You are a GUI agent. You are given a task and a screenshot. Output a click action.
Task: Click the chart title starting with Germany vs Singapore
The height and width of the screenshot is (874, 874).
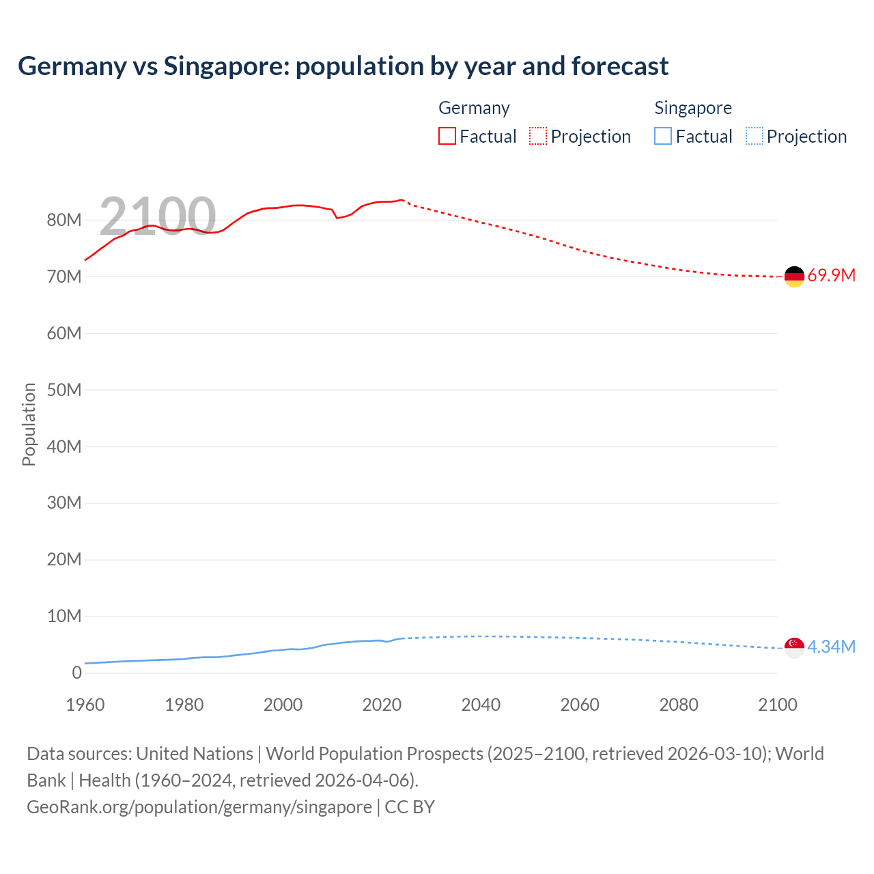point(343,66)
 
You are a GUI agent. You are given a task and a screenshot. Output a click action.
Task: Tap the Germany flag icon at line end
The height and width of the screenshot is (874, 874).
point(794,277)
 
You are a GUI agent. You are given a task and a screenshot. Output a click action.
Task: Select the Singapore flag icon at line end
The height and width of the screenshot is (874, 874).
point(794,647)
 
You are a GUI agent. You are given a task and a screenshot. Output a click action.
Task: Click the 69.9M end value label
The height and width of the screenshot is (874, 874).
point(831,276)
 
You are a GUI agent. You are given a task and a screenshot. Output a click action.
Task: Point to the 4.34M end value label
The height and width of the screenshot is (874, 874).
point(831,647)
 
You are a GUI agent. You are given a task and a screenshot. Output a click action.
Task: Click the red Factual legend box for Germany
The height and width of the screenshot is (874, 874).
point(447,137)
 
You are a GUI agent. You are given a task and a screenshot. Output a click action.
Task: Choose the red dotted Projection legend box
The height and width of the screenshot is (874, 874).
point(538,137)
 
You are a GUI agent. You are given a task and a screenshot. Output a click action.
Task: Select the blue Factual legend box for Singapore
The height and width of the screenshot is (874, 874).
point(663,137)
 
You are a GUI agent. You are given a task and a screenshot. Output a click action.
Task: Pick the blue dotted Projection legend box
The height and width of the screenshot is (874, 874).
point(755,137)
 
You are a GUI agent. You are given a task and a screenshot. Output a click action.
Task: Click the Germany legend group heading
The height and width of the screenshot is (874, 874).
point(474,108)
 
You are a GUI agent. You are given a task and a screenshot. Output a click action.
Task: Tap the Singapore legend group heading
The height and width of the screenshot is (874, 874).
point(693,108)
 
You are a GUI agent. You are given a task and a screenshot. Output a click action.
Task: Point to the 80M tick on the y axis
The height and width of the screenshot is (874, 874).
point(64,220)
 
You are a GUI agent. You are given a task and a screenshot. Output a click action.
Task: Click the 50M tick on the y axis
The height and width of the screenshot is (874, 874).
point(64,390)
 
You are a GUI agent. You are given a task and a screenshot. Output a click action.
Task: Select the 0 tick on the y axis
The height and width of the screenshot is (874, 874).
point(76,673)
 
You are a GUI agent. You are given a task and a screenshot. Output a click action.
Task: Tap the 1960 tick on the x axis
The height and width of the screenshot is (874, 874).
point(85,705)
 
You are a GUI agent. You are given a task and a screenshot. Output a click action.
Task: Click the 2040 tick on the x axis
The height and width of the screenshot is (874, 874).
point(481,705)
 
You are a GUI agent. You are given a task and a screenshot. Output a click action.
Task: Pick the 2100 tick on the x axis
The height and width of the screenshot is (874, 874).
point(777,705)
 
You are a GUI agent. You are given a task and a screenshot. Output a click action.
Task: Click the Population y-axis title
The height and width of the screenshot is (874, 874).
point(29,424)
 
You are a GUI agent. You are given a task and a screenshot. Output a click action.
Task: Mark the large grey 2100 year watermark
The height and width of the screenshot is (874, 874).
point(158,216)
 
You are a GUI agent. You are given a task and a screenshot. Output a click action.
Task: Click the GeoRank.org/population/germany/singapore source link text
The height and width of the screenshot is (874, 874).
point(199,807)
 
